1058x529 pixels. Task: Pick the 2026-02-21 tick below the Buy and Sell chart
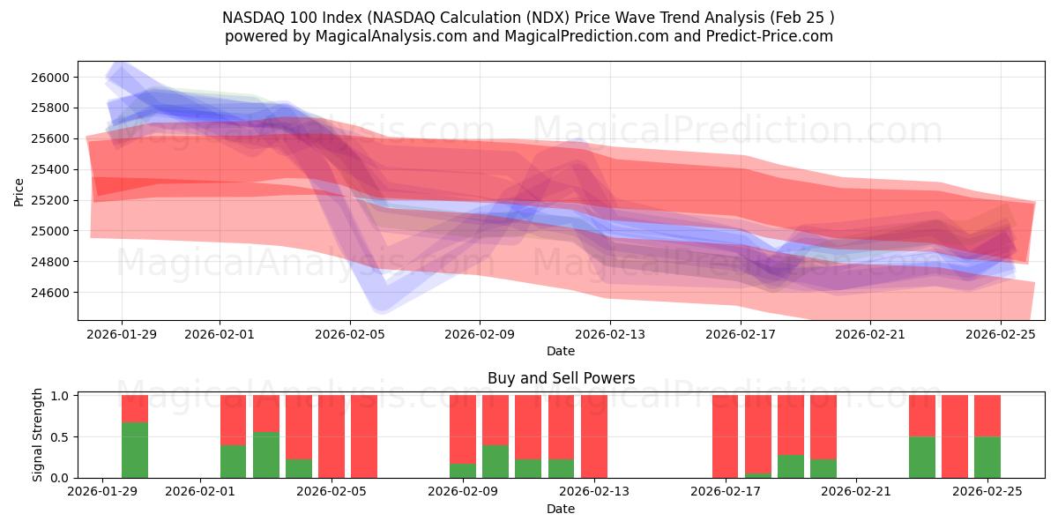pos(856,492)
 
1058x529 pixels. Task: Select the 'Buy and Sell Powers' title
pos(561,378)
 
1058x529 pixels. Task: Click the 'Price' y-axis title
pos(19,191)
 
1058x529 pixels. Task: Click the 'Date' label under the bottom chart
pos(561,509)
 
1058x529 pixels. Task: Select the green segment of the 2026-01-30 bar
pos(135,451)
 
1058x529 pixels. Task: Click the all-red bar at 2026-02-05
pos(332,436)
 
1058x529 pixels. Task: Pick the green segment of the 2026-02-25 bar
pos(987,457)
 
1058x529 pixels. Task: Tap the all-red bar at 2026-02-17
pos(726,436)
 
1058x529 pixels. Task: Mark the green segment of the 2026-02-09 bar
pos(463,471)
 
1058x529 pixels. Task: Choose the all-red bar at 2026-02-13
pos(594,436)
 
